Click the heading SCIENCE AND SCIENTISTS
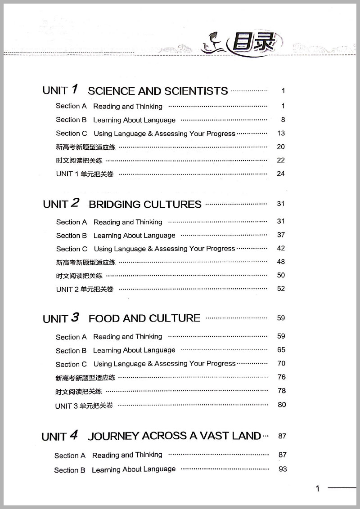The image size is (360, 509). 157,91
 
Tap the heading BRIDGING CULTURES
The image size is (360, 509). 145,205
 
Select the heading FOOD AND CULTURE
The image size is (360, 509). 144,319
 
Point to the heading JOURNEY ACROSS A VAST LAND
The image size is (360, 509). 174,436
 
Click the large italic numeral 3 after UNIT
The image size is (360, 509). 75,317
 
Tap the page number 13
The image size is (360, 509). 281,133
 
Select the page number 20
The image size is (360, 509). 281,147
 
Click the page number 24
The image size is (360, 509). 281,174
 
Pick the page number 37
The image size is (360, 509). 281,235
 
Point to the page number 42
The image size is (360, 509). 281,248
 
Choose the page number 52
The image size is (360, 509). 281,289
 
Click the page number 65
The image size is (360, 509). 281,350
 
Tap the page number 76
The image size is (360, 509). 281,377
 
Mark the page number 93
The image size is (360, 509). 283,469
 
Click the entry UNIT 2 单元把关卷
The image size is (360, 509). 85,289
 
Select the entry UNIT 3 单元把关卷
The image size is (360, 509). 84,406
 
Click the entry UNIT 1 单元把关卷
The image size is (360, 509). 85,174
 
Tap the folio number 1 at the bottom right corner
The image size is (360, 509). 318,489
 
